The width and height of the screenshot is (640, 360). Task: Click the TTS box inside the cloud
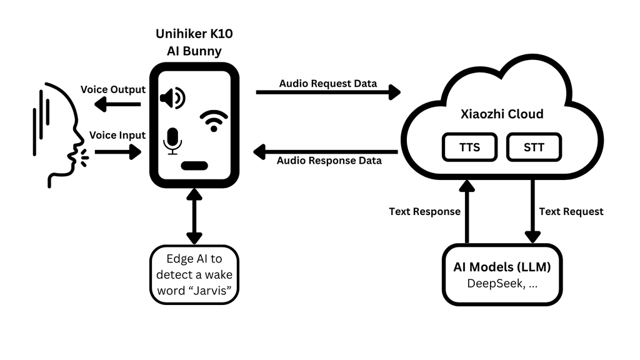(469, 147)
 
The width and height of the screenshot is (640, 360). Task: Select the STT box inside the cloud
(534, 147)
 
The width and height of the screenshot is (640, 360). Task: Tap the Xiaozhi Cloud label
(502, 114)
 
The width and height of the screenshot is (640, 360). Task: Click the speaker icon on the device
(172, 98)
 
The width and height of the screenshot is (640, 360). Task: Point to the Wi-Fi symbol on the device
(214, 121)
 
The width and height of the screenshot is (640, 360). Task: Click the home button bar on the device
(194, 166)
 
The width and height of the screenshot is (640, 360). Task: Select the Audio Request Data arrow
(328, 92)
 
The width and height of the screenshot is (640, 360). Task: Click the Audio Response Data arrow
(325, 152)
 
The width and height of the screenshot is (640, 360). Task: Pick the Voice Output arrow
(117, 104)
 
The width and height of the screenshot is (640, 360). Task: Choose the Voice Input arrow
(118, 152)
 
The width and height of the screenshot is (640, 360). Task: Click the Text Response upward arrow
(467, 212)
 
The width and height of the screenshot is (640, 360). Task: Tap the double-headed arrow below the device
(194, 216)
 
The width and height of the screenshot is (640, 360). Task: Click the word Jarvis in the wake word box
(211, 291)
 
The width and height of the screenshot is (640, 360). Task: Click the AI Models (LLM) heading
(502, 267)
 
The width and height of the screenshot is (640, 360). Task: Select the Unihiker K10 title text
(194, 34)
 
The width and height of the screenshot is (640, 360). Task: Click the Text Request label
(571, 211)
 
